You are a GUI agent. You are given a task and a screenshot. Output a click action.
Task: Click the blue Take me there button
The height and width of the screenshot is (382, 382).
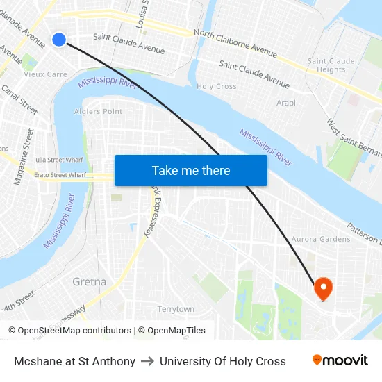point(191,170)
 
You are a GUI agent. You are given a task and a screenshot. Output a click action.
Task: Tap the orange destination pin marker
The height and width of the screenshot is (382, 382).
point(324,288)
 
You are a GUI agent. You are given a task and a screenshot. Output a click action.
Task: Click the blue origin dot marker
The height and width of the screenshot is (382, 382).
point(59,40)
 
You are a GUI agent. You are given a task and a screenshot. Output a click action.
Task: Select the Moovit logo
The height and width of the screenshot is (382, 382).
point(340,360)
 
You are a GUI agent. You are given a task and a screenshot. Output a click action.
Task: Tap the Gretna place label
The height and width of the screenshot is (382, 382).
point(90,282)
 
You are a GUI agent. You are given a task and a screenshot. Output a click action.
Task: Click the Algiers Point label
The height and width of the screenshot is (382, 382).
point(98,111)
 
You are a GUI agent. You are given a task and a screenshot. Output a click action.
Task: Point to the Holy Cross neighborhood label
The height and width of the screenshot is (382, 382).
point(217,87)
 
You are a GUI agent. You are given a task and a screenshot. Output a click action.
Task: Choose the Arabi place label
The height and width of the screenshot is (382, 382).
point(286,103)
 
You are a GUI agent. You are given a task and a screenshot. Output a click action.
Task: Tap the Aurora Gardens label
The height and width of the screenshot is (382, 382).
point(321,239)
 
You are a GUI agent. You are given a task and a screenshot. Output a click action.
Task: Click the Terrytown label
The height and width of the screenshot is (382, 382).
point(176,309)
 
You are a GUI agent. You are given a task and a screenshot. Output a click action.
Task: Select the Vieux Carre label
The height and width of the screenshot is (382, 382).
point(46,74)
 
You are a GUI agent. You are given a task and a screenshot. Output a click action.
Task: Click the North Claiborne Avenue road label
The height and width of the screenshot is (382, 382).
point(235,43)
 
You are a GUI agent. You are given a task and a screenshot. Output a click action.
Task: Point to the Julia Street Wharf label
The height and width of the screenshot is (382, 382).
point(58,160)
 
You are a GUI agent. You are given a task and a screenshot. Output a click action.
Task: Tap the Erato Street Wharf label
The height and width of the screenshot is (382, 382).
point(60,175)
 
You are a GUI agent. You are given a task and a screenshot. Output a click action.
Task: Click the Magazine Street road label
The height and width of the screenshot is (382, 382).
point(23,156)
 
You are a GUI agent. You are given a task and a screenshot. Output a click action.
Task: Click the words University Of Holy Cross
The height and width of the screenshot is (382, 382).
point(222,361)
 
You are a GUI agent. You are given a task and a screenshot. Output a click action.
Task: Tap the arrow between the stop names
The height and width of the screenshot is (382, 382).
point(147,361)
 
